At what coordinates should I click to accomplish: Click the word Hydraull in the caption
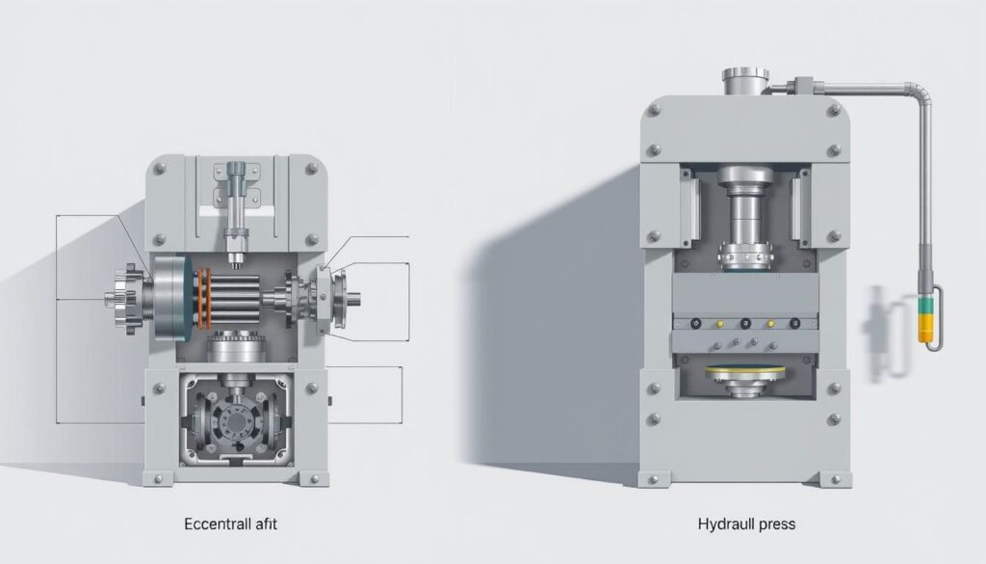pyautogui.click(x=723, y=524)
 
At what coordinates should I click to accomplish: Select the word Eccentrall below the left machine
pyautogui.click(x=215, y=524)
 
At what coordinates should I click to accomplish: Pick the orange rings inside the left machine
pyautogui.click(x=203, y=298)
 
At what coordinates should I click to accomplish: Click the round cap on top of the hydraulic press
pyautogui.click(x=745, y=81)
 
